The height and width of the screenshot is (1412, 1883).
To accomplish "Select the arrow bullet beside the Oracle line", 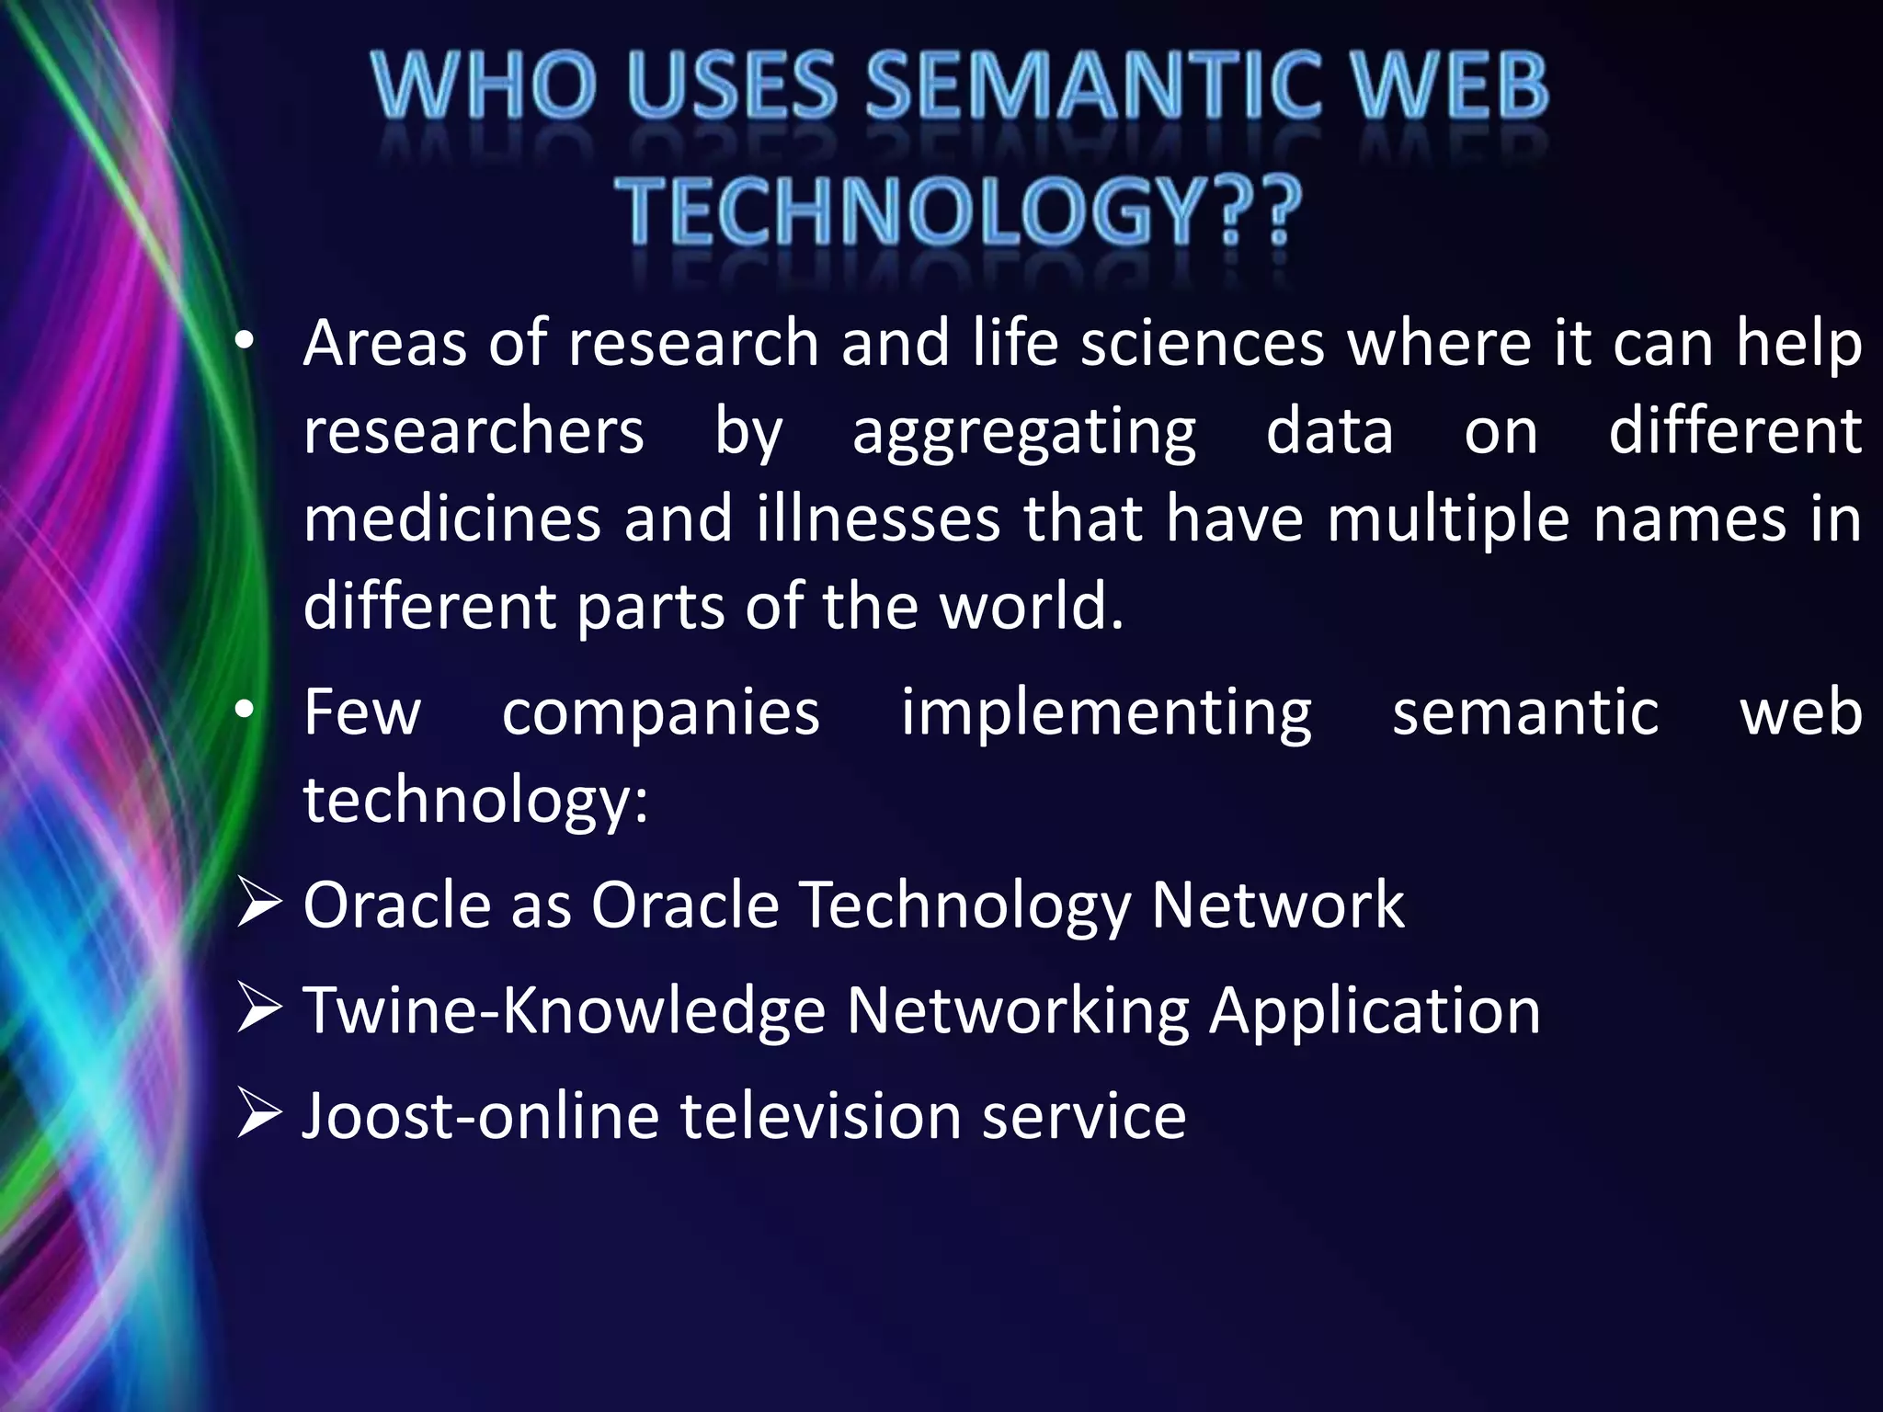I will tap(258, 904).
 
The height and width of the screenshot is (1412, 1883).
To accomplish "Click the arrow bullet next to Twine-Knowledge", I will tap(258, 1008).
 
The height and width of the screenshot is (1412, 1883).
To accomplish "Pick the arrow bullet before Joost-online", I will tap(258, 1114).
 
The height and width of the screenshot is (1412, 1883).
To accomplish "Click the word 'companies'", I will tap(660, 712).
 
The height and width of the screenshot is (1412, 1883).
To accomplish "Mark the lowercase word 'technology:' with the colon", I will tap(476, 800).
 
